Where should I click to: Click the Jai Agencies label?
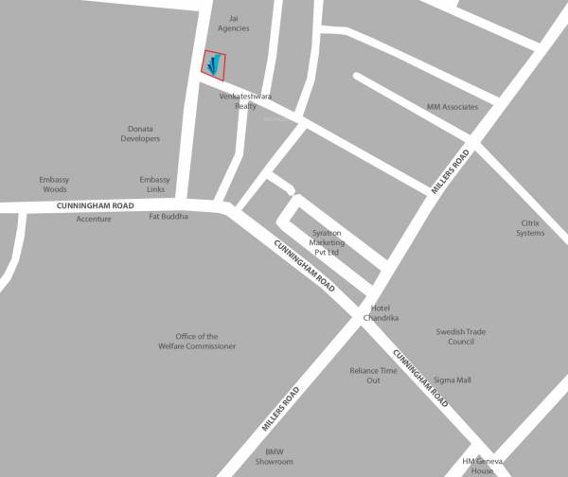[x=233, y=23]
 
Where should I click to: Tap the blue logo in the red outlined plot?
[x=215, y=64]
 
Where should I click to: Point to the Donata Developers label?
[x=140, y=133]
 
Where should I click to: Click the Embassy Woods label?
[x=54, y=185]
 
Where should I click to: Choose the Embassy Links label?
[x=154, y=185]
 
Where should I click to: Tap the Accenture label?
[x=94, y=219]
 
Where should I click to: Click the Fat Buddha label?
[x=169, y=217]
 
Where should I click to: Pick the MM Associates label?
[x=453, y=107]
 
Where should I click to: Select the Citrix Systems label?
[x=530, y=228]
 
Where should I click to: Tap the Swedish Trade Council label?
[x=461, y=336]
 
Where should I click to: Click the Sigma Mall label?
[x=452, y=380]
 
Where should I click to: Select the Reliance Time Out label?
[x=374, y=375]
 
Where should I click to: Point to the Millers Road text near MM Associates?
[x=451, y=172]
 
